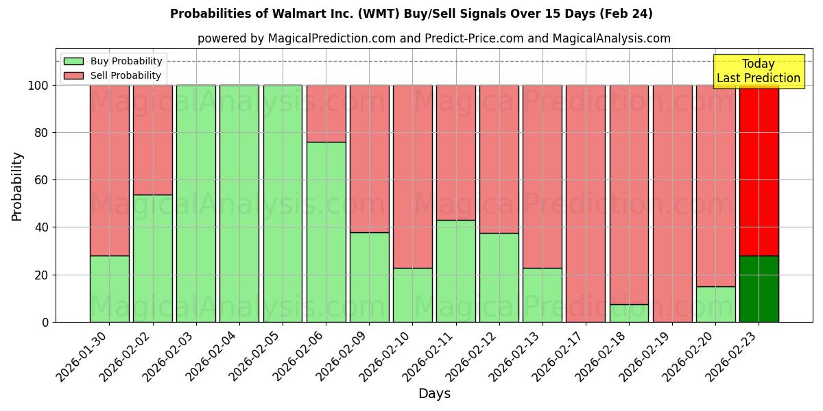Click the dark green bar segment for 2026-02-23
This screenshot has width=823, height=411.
point(759,288)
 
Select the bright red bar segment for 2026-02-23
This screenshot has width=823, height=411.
point(759,171)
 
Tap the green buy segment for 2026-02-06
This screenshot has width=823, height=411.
point(326,232)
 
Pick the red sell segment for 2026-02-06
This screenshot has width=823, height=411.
point(326,114)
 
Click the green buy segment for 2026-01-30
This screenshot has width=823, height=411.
point(109,288)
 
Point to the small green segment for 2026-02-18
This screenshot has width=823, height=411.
point(629,313)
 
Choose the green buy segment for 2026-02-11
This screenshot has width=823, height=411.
point(455,271)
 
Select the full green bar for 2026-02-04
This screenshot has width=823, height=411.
point(239,203)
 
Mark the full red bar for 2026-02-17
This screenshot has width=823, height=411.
point(586,203)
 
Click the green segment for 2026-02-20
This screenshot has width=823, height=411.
point(715,304)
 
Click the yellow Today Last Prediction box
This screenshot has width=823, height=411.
point(759,71)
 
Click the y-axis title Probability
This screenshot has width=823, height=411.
point(17,186)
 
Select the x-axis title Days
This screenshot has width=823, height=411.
point(434,394)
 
